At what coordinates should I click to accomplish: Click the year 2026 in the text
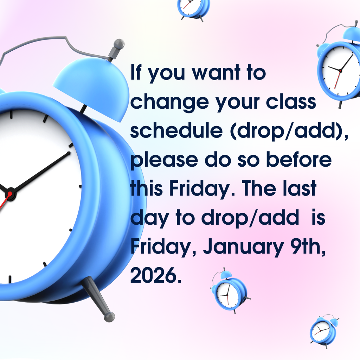coord(153,276)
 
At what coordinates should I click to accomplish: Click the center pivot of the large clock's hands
coord(10,193)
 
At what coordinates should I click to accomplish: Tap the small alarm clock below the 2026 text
coord(229,291)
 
